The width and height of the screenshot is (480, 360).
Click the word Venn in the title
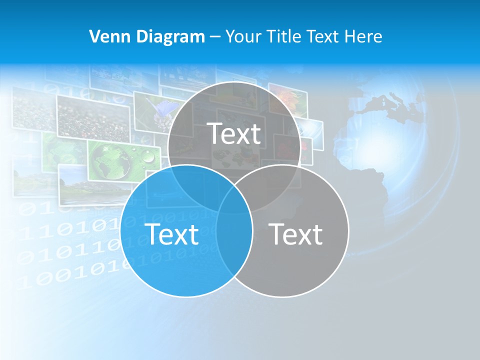point(106,36)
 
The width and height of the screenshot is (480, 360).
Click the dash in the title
point(215,37)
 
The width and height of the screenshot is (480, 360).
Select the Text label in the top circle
point(234,133)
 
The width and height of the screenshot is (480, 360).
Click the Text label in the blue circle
point(171,233)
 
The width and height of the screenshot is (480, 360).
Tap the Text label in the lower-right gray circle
point(295,233)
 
